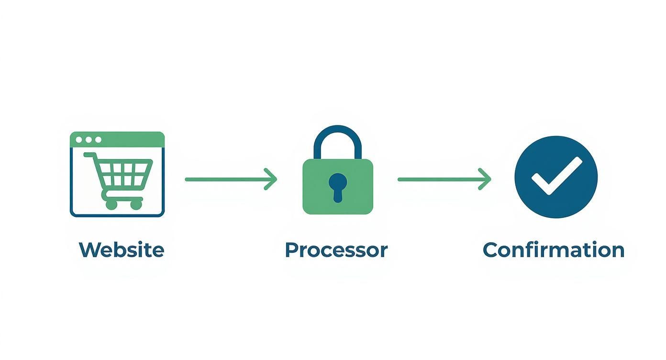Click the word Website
(x=121, y=250)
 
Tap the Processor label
(x=336, y=250)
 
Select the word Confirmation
(x=554, y=250)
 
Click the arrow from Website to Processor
(x=230, y=180)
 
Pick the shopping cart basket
(x=123, y=173)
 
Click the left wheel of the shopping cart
(x=111, y=204)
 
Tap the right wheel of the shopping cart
(x=136, y=204)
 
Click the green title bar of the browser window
(x=129, y=140)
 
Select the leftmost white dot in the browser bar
(x=78, y=140)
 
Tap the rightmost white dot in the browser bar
(x=98, y=140)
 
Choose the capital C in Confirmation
(x=490, y=250)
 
